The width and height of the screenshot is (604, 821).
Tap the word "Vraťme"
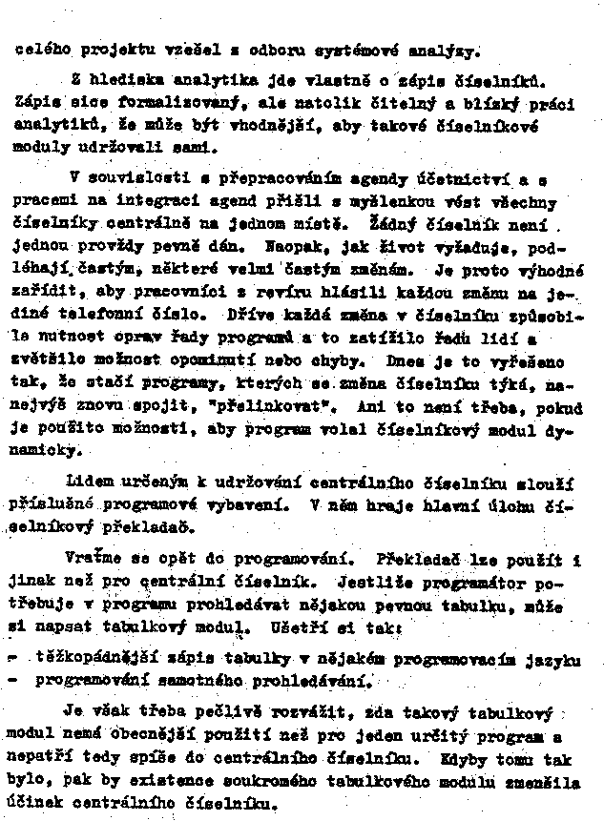coord(94,557)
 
